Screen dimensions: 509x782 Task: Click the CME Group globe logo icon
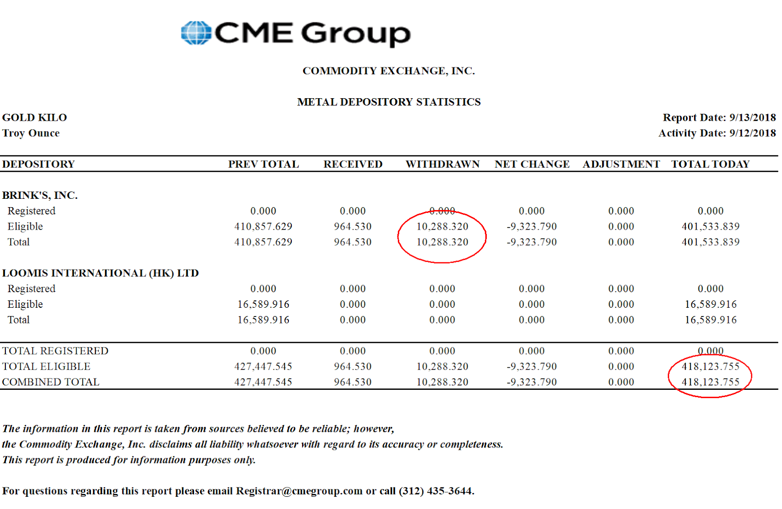(x=196, y=33)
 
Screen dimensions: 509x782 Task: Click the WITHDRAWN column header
(x=442, y=164)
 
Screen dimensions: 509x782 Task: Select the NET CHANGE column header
(x=532, y=164)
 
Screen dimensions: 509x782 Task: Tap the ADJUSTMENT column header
(x=621, y=164)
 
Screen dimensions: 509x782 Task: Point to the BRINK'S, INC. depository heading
(x=40, y=195)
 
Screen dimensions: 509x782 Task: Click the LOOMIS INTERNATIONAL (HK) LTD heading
(x=100, y=273)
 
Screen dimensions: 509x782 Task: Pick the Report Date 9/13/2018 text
(x=719, y=118)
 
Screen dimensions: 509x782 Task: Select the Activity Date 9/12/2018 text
(x=717, y=133)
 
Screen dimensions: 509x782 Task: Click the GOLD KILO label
(x=35, y=118)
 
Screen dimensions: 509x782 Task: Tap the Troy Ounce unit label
(x=31, y=133)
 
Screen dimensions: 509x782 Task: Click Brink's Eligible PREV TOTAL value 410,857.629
(x=263, y=227)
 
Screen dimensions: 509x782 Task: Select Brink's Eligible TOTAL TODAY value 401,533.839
(x=711, y=227)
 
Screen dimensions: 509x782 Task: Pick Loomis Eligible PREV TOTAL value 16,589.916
(x=263, y=304)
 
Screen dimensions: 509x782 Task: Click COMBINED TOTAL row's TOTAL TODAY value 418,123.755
(x=711, y=382)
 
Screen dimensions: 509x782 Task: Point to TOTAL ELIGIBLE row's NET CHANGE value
(x=532, y=366)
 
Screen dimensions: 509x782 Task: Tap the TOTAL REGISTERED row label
(x=55, y=351)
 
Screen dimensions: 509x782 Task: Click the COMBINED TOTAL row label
(x=51, y=382)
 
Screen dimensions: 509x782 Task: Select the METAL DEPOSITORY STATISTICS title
(x=389, y=102)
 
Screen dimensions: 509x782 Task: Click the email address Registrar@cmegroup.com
(x=299, y=491)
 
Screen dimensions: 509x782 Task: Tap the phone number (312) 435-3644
(x=436, y=491)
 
